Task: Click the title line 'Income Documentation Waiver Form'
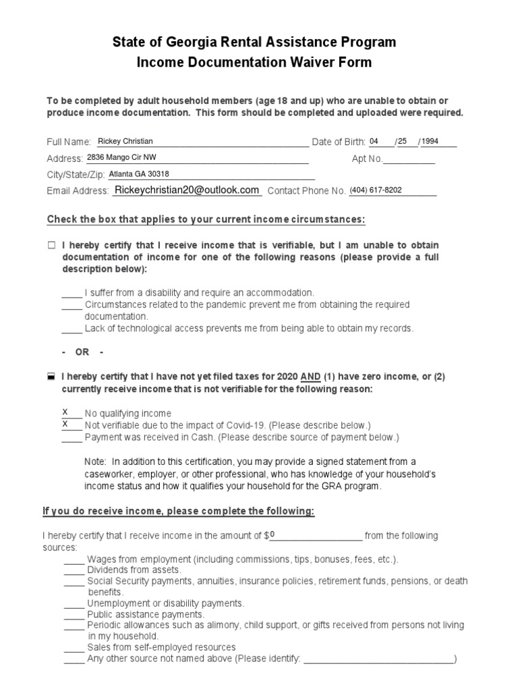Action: [254, 63]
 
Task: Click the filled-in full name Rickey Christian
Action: [125, 141]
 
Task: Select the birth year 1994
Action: [430, 141]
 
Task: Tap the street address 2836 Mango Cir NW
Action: [126, 158]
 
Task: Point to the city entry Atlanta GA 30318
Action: [140, 174]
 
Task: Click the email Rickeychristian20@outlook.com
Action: [187, 190]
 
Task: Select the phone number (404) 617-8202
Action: [375, 190]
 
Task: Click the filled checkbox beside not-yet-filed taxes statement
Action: [51, 378]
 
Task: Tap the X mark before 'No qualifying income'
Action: [65, 412]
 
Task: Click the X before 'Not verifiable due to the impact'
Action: [65, 424]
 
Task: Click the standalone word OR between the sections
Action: [82, 353]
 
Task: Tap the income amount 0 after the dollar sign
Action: [272, 535]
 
